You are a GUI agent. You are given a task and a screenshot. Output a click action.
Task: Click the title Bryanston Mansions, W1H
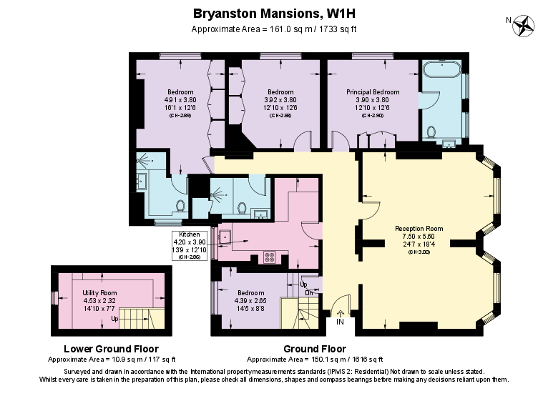click(275, 13)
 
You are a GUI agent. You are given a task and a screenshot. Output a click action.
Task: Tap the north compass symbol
click(526, 25)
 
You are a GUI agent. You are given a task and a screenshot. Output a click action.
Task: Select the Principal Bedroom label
click(373, 92)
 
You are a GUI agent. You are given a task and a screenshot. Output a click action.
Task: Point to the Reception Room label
click(419, 229)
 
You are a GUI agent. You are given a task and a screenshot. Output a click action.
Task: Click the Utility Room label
click(99, 293)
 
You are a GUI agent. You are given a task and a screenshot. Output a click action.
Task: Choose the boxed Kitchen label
click(189, 234)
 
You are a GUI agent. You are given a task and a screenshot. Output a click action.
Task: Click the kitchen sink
click(224, 235)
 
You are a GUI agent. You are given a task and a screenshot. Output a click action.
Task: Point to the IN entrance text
click(340, 322)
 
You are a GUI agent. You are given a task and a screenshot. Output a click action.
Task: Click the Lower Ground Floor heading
click(111, 349)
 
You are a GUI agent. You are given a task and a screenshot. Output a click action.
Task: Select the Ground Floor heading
click(314, 349)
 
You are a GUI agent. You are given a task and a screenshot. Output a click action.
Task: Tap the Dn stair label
click(309, 292)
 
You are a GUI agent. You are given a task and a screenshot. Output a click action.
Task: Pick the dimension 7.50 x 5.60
click(419, 237)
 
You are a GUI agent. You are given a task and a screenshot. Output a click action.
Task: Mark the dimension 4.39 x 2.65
click(250, 300)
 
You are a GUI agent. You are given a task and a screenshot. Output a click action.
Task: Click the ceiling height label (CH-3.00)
click(419, 252)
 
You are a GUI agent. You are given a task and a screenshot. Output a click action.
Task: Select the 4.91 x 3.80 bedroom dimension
click(180, 100)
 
